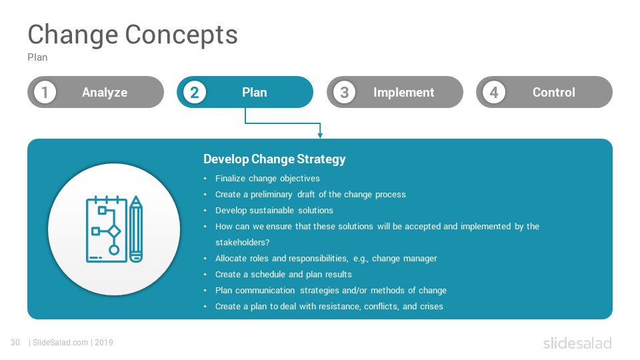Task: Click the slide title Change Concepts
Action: click(133, 35)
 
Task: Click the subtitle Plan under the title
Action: click(37, 57)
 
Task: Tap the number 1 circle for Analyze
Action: click(45, 92)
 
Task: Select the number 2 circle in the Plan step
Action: click(194, 92)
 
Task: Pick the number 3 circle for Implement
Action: click(344, 92)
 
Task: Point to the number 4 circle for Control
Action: click(494, 92)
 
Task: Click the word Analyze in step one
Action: click(105, 93)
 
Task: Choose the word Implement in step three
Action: click(404, 93)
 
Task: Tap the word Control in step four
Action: click(554, 92)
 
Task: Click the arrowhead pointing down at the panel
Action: click(320, 135)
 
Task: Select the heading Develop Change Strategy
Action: click(275, 159)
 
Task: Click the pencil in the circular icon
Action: click(136, 229)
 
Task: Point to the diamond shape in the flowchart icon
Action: click(114, 231)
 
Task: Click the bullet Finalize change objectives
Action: click(267, 179)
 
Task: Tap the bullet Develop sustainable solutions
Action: click(274, 210)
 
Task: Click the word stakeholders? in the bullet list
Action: click(243, 243)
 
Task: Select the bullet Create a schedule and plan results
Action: click(284, 274)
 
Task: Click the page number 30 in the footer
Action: click(15, 343)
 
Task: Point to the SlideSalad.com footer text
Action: click(61, 343)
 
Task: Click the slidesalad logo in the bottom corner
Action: click(577, 343)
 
